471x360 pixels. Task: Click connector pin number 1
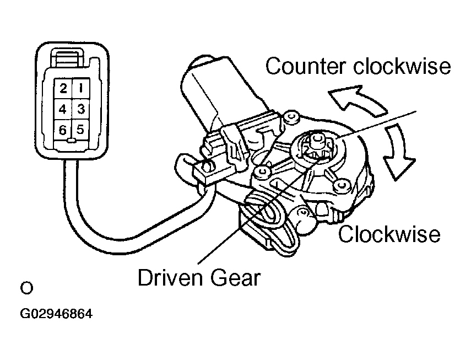[80, 88]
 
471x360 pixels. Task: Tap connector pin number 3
[80, 109]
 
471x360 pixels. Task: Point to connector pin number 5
[80, 130]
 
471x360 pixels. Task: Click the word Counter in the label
[305, 67]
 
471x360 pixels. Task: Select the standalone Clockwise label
[389, 234]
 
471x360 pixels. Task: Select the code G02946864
[56, 315]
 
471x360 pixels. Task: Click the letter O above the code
[25, 288]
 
